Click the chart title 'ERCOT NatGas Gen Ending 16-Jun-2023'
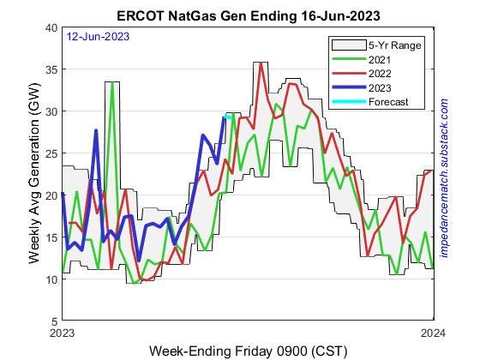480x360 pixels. click(x=249, y=15)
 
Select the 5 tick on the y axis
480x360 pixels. click(x=53, y=321)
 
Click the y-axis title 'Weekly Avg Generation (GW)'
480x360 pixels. click(x=34, y=175)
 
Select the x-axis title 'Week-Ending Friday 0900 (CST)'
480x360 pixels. click(x=249, y=351)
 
